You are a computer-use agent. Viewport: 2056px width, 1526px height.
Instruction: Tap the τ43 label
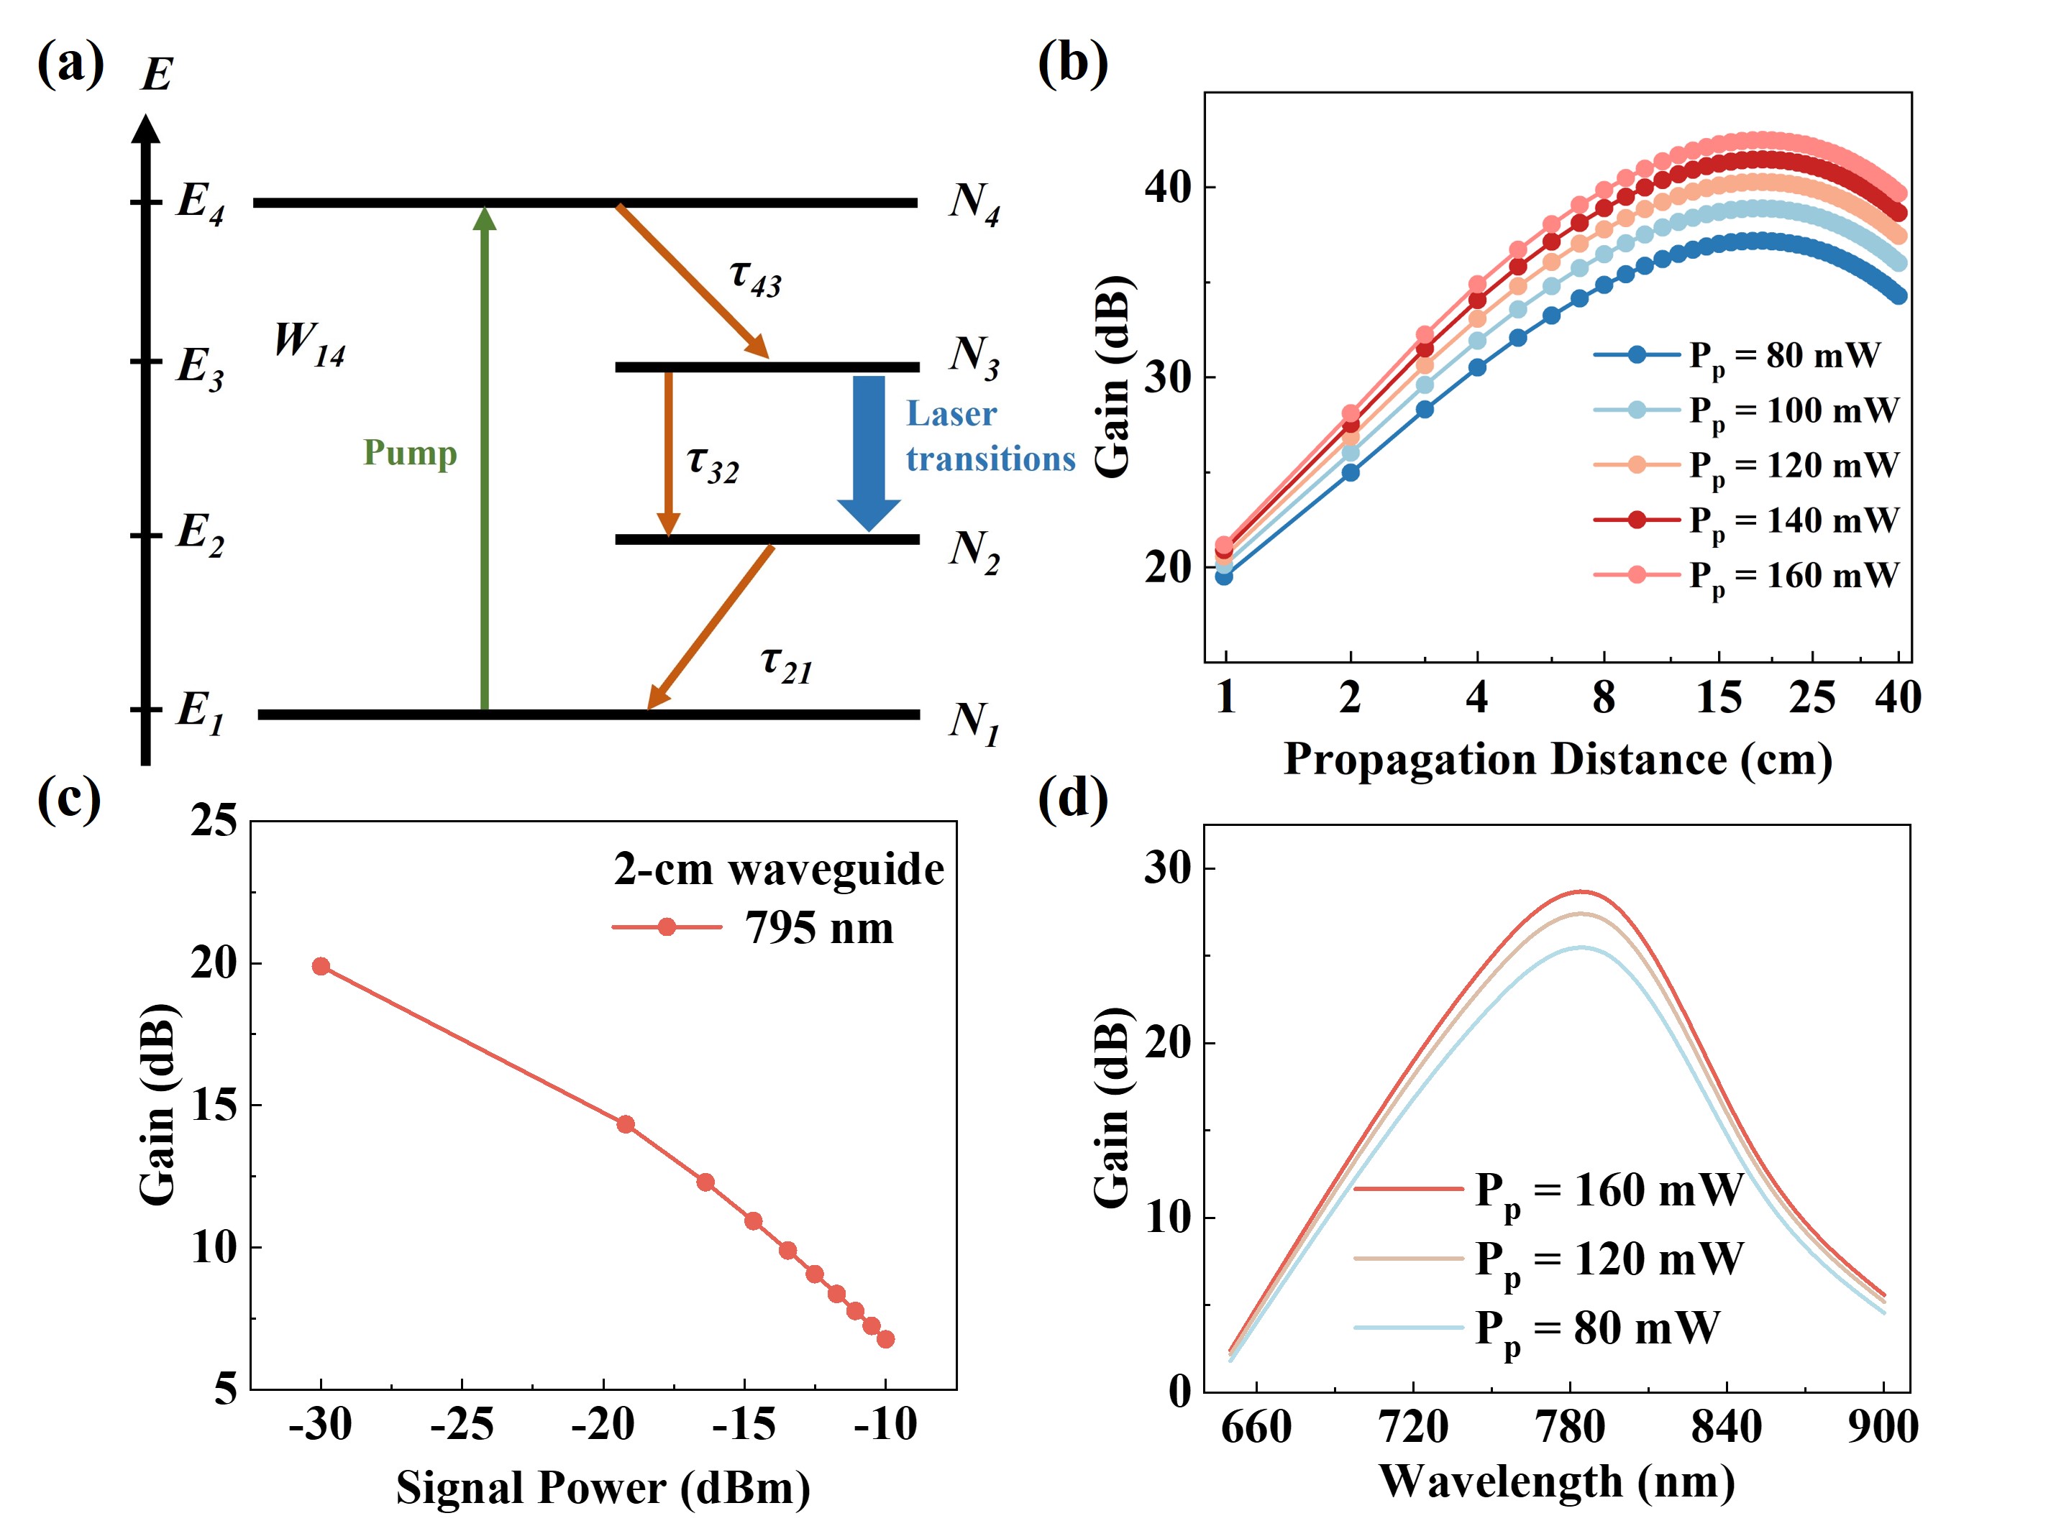click(x=755, y=277)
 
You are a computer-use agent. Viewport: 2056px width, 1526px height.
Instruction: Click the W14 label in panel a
click(x=309, y=344)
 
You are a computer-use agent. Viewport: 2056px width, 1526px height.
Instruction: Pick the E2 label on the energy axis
click(x=200, y=535)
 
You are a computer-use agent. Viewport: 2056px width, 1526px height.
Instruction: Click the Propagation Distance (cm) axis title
click(x=1558, y=759)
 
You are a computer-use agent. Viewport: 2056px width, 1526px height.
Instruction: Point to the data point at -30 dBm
click(x=321, y=966)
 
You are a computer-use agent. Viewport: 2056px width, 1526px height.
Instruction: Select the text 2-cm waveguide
click(x=779, y=869)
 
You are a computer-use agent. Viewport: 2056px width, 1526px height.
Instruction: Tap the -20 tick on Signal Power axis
click(x=603, y=1425)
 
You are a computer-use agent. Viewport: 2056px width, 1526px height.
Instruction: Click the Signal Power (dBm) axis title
click(x=603, y=1488)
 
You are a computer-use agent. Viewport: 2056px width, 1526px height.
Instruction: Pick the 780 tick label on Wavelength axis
click(x=1569, y=1427)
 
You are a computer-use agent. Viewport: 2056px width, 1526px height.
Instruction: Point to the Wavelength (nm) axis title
click(x=1556, y=1481)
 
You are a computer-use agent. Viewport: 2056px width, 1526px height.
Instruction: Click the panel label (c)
click(x=69, y=799)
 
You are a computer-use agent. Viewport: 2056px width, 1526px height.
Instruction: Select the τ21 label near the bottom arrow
click(x=786, y=664)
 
